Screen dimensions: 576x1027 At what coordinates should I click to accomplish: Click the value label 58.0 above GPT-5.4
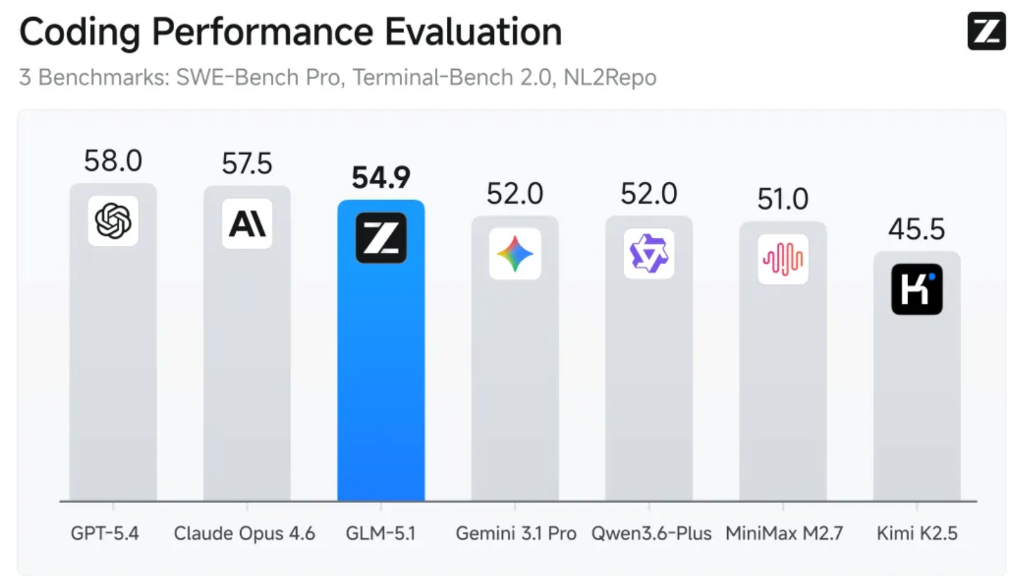point(113,161)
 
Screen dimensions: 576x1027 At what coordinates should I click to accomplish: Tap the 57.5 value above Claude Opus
point(247,163)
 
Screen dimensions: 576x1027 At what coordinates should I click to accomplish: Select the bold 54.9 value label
point(381,177)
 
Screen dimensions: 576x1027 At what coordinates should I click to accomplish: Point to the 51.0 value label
point(783,199)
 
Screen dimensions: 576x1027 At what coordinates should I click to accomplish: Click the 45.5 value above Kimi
point(916,229)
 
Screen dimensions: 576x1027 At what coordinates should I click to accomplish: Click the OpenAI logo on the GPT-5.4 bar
point(113,221)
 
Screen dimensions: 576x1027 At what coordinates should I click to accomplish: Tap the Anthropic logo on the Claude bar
point(247,223)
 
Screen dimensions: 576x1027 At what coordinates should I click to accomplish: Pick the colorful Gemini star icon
point(515,254)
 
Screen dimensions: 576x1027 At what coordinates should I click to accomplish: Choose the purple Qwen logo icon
point(649,253)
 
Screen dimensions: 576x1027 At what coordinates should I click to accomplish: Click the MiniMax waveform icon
point(783,259)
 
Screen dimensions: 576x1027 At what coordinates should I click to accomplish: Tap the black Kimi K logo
point(916,289)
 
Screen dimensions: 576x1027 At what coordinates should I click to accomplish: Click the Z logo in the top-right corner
point(986,31)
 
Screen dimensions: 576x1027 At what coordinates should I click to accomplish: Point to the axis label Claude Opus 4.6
point(244,533)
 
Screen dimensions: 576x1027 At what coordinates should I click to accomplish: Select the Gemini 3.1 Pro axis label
point(516,533)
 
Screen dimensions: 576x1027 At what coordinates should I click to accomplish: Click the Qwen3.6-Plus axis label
point(651,533)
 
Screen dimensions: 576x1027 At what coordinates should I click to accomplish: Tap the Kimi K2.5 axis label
point(917,533)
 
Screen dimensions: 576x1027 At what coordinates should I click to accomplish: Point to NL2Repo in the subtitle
point(610,77)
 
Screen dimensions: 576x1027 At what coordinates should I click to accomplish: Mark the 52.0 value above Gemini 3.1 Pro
point(515,194)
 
